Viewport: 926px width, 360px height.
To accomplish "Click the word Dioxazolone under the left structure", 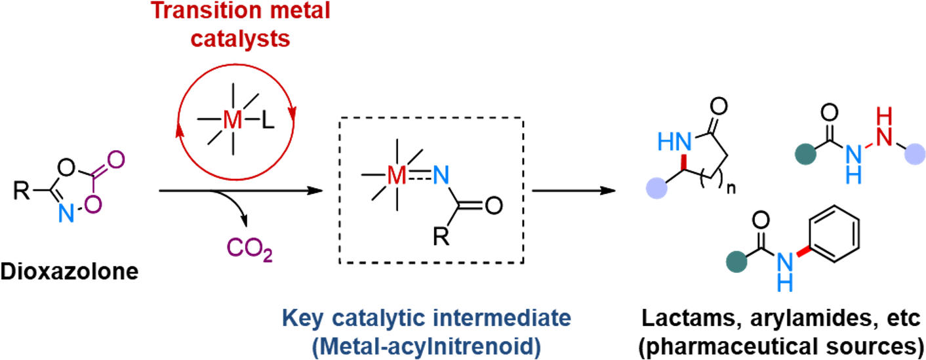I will (69, 271).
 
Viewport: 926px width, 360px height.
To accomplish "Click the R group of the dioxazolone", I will (21, 191).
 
